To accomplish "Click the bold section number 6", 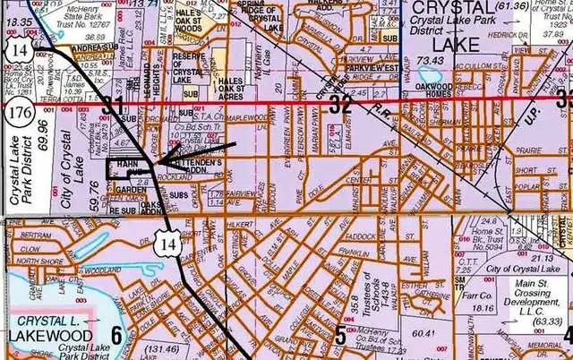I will click(x=115, y=336).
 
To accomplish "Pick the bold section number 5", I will click(x=340, y=336).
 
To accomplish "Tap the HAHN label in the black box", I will click(x=128, y=166).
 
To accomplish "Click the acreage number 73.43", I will click(x=431, y=60).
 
